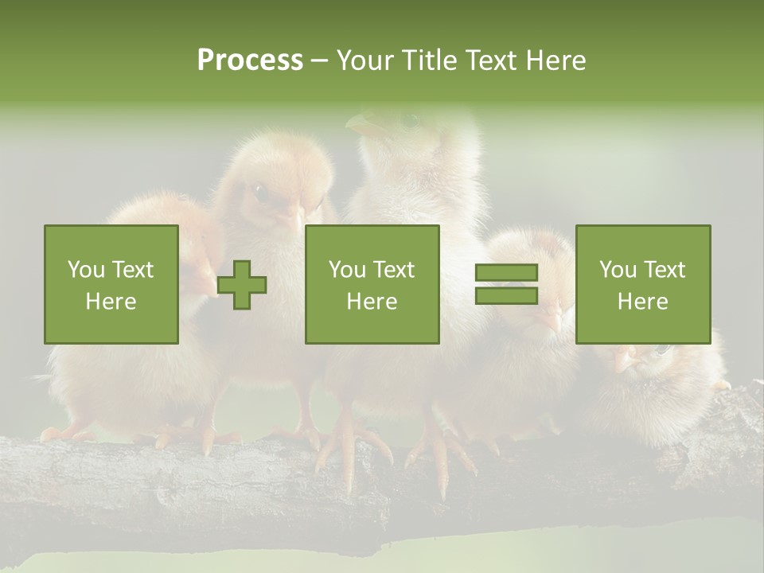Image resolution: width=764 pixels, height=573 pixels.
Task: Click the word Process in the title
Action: tap(250, 60)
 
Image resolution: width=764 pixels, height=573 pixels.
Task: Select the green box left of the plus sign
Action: tap(111, 284)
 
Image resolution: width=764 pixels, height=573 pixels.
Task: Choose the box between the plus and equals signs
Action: tap(372, 284)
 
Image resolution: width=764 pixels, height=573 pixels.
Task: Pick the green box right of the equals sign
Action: tap(642, 284)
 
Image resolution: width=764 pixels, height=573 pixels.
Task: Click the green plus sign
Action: tap(242, 285)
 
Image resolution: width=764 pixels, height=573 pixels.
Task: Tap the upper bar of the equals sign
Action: tap(506, 273)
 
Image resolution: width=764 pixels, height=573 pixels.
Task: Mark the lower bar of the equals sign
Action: tap(506, 295)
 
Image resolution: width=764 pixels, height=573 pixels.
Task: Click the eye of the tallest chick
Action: tap(410, 120)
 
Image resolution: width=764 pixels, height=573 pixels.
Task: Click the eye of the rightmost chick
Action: tap(659, 349)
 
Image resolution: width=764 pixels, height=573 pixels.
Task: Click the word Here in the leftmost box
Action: tap(111, 301)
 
